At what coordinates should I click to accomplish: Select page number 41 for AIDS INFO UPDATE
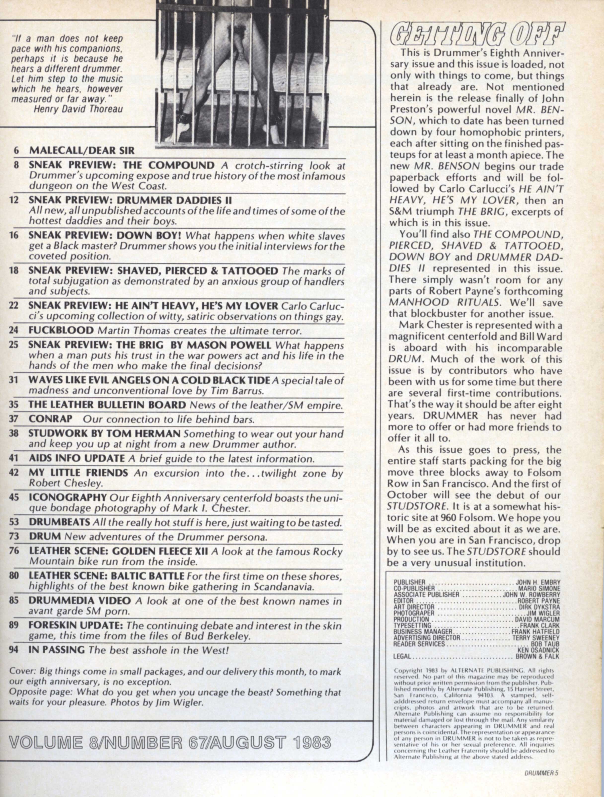(x=14, y=459)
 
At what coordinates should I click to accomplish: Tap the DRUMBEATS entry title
(x=60, y=522)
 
